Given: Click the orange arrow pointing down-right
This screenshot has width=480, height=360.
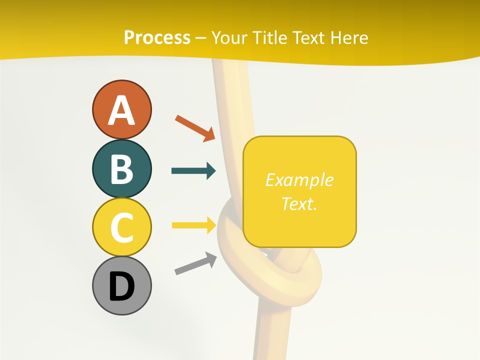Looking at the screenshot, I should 195,127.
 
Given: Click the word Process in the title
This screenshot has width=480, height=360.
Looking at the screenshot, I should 157,37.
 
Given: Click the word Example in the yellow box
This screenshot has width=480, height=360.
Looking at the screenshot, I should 299,180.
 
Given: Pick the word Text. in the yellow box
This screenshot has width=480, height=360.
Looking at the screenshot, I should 299,203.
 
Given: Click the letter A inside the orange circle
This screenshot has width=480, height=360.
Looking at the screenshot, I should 121,110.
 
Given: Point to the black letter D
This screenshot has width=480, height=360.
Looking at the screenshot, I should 121,287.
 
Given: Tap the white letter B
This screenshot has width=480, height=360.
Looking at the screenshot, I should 121,169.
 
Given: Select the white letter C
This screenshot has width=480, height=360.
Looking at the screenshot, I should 121,227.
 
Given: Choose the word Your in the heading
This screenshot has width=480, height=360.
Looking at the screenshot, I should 229,37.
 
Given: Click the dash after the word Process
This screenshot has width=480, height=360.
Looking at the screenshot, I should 200,38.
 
